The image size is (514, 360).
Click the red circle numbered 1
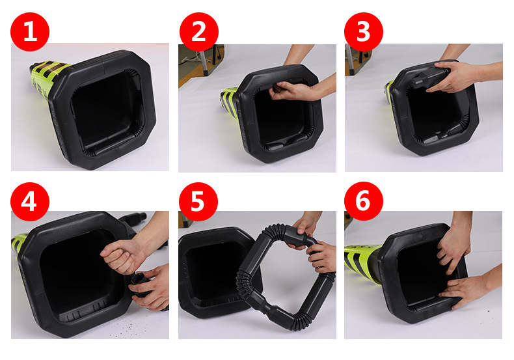(x=30, y=32)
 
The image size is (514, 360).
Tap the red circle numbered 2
(x=199, y=32)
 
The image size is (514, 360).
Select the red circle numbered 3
(x=364, y=32)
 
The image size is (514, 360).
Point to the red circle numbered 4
(x=30, y=202)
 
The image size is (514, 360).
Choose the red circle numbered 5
(x=198, y=202)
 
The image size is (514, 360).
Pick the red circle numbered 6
(x=364, y=201)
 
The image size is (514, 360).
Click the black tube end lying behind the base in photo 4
(x=133, y=219)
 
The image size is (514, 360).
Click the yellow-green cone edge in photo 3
(x=389, y=92)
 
